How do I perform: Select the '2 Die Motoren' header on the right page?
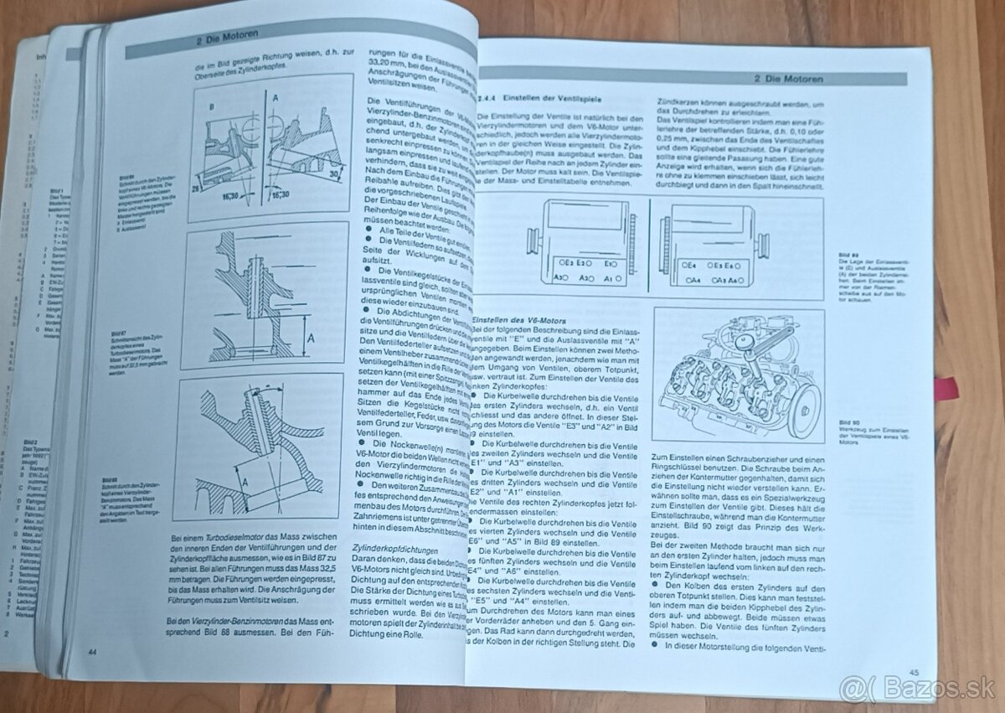[787, 79]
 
